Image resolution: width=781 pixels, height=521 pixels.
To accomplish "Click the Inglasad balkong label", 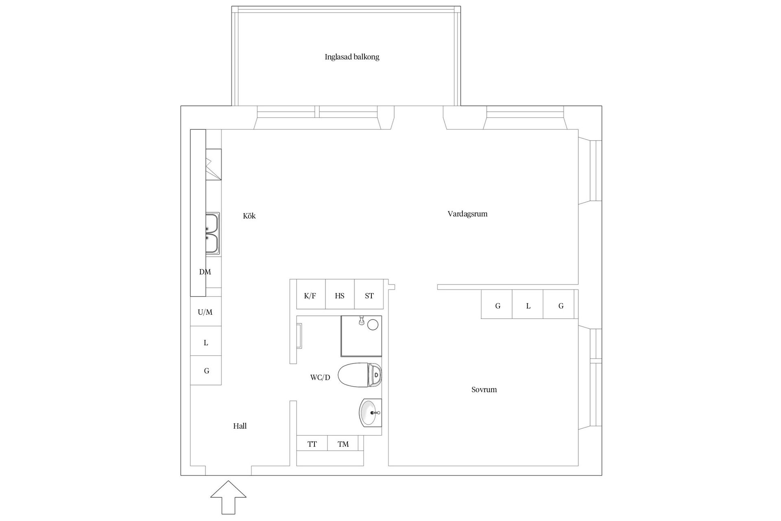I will (352, 57).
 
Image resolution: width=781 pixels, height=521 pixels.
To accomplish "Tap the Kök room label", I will (249, 216).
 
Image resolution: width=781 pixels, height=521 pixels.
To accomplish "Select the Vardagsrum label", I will (467, 214).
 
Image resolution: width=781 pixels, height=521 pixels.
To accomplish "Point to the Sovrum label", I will (484, 390).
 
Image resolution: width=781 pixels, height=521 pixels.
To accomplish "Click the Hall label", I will (240, 426).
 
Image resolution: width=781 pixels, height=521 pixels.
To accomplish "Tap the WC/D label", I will (320, 377).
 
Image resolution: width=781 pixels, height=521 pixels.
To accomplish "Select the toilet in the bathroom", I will (360, 375).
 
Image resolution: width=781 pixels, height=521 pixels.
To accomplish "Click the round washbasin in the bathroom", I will (371, 412).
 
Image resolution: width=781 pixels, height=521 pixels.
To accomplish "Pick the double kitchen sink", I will (212, 234).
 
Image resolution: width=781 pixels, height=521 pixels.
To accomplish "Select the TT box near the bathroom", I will (312, 444).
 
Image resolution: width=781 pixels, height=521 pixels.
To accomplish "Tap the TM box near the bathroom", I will (343, 444).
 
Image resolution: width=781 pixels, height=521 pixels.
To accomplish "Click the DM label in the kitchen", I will (205, 272).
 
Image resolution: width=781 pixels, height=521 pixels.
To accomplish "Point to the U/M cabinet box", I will (206, 312).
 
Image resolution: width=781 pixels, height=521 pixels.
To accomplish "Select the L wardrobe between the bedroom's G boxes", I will (528, 306).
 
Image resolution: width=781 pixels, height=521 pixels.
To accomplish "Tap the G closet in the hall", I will (206, 371).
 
